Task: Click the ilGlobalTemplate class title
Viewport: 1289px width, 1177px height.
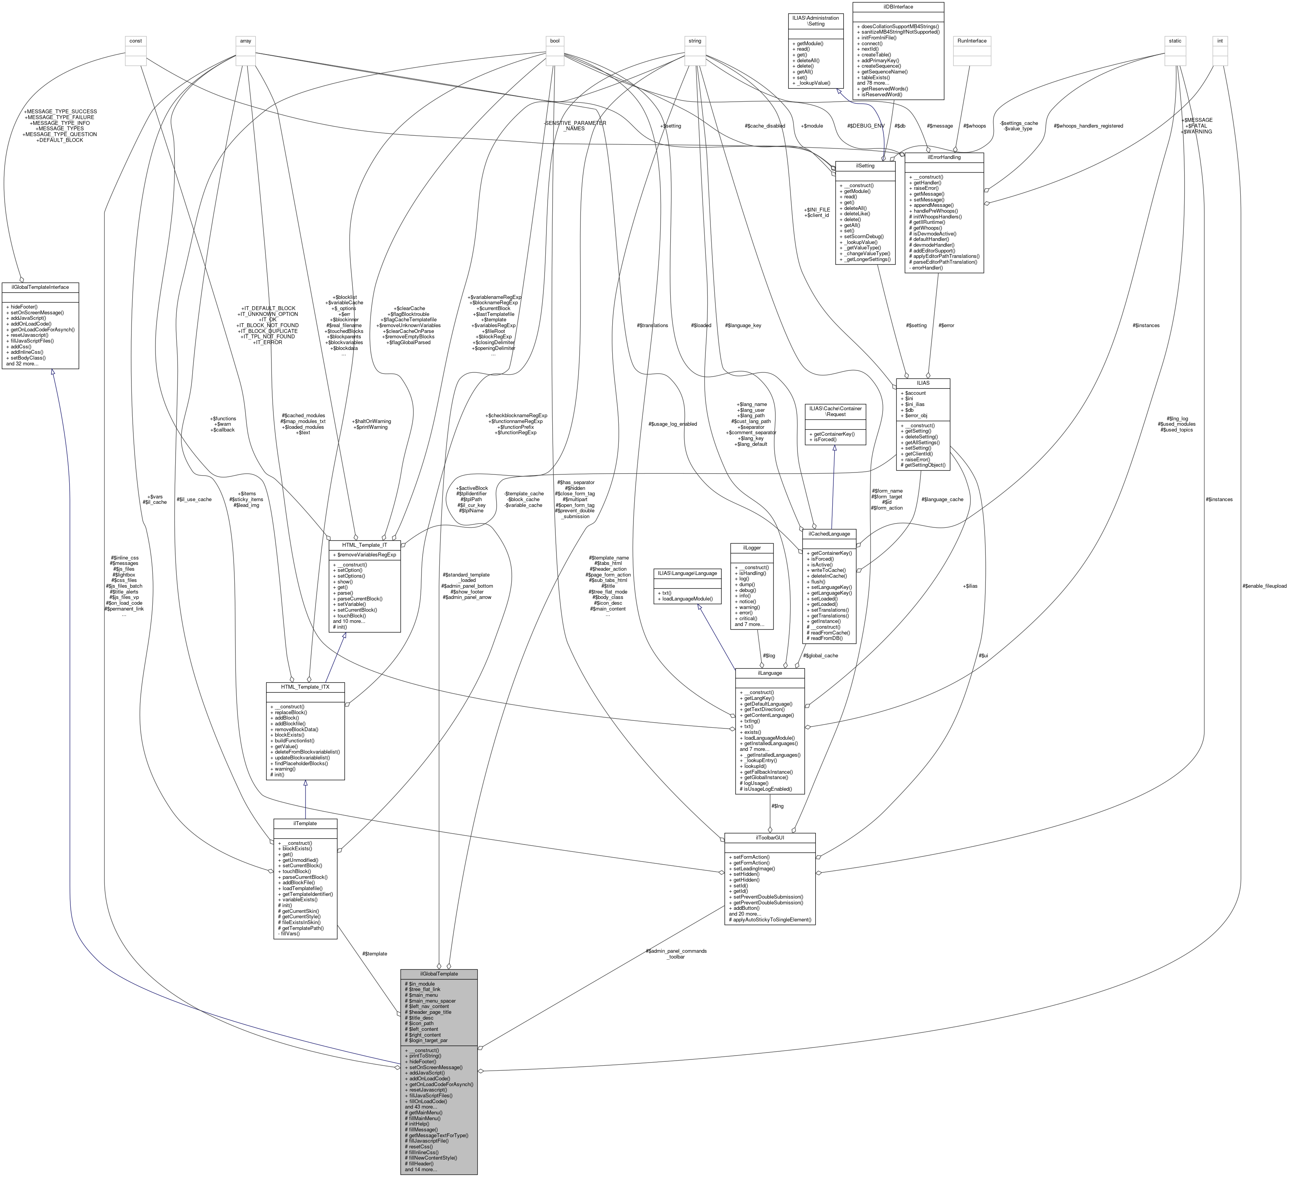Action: (439, 974)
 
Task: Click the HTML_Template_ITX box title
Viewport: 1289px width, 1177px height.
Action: (305, 687)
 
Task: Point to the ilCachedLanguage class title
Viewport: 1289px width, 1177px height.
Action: (829, 533)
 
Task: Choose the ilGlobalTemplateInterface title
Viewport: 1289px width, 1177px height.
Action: (40, 287)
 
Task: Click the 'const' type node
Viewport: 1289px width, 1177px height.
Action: (135, 41)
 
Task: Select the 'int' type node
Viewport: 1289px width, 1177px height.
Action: (1219, 41)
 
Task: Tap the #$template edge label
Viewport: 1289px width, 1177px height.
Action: (374, 953)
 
